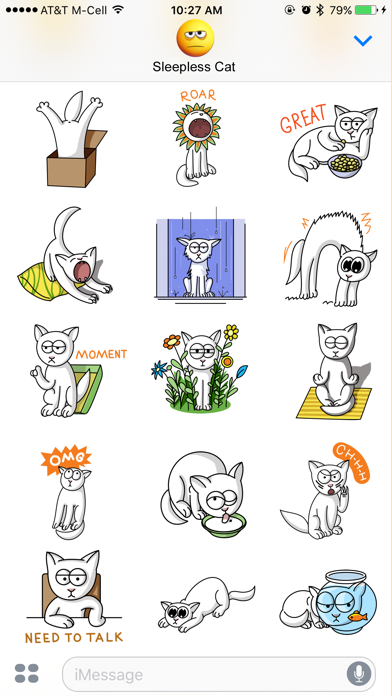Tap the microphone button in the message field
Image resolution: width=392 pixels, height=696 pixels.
[x=359, y=674]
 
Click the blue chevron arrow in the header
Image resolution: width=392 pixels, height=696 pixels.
[x=363, y=41]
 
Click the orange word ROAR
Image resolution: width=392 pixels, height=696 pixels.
[x=198, y=95]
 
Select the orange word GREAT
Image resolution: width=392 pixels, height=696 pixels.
[x=304, y=118]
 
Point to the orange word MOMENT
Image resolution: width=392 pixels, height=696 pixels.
[x=101, y=354]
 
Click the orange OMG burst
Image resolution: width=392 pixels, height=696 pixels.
[x=66, y=460]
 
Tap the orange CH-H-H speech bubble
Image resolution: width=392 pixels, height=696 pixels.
[x=352, y=462]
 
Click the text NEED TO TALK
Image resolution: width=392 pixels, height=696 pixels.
[x=74, y=638]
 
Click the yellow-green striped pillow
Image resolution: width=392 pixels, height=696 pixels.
[x=44, y=280]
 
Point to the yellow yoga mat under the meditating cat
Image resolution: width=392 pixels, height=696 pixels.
[x=334, y=402]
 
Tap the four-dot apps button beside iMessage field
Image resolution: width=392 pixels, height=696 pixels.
[x=27, y=673]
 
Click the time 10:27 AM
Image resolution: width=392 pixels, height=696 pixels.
[x=196, y=10]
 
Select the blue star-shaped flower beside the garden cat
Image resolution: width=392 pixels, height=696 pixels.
[x=159, y=370]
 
